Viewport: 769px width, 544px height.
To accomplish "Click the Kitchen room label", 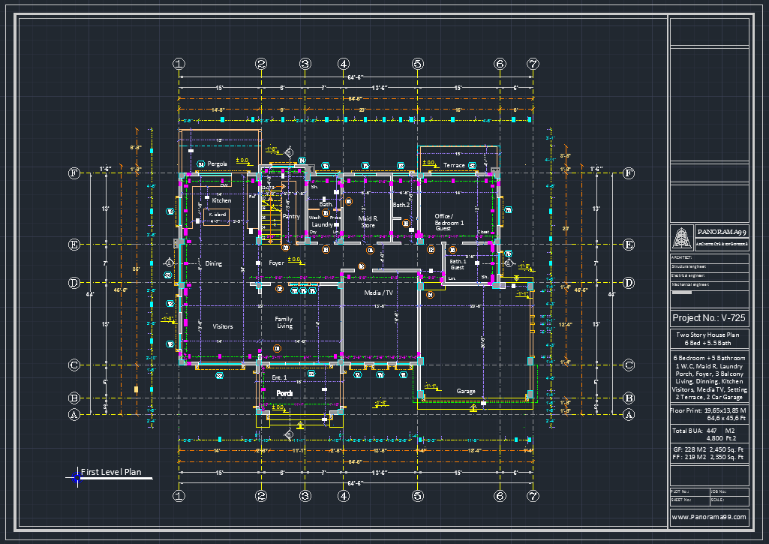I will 221,200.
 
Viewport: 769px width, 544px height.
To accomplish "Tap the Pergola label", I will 218,164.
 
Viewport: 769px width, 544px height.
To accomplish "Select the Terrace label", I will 454,165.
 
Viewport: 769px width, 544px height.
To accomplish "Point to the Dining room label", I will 214,263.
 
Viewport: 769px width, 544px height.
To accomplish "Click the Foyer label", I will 276,263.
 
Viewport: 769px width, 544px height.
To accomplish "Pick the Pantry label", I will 291,216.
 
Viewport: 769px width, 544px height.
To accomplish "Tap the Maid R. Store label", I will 368,221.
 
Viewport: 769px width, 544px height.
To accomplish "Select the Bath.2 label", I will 401,204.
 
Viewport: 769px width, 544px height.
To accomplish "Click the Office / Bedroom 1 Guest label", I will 449,221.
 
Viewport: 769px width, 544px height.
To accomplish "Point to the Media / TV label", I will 379,293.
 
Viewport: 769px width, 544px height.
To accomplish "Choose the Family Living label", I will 284,323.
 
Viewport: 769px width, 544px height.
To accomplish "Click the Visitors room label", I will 223,326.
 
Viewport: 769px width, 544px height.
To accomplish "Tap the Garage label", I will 466,391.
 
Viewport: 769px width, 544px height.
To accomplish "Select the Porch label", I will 284,393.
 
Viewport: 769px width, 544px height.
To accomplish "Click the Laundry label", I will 323,224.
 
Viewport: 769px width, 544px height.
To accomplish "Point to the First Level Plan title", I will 111,473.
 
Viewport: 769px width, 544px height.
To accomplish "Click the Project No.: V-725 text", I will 708,318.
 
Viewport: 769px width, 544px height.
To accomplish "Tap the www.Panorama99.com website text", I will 709,517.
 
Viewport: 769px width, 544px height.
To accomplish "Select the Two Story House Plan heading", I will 708,335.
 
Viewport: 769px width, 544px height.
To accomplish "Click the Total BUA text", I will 687,431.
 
